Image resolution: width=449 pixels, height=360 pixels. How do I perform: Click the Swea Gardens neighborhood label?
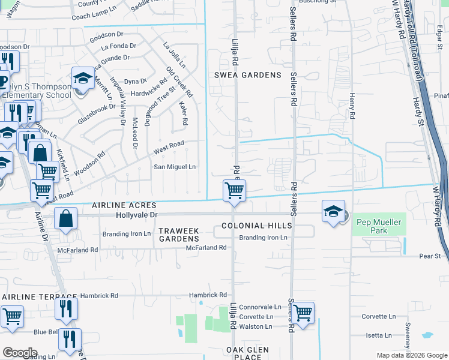[x=248, y=75]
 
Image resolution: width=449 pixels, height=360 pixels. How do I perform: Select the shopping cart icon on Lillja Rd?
[x=234, y=190]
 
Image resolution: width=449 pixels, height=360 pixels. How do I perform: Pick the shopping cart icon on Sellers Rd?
[x=303, y=312]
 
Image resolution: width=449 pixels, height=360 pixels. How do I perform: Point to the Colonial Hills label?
[x=256, y=226]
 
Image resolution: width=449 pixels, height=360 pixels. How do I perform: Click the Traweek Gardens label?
[x=178, y=235]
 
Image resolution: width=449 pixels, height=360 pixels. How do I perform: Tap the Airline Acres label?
[x=124, y=205]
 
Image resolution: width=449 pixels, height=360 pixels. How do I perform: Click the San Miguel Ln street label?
[x=175, y=167]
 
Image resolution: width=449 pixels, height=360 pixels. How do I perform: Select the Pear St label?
[x=430, y=256]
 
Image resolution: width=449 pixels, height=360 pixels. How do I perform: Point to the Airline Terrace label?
[x=40, y=297]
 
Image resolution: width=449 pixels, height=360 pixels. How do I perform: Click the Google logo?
[x=20, y=353]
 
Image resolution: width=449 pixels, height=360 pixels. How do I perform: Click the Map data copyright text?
[x=411, y=355]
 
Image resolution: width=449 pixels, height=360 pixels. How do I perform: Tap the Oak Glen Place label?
[x=252, y=353]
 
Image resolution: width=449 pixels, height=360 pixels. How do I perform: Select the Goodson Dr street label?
[x=106, y=35]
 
